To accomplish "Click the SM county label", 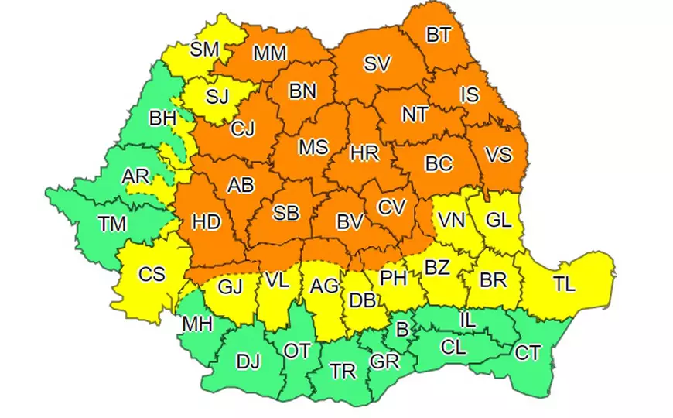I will click(x=204, y=50).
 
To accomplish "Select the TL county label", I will click(x=564, y=284).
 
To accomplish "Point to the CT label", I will click(x=528, y=354).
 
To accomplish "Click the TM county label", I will click(x=113, y=224).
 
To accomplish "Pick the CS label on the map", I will click(x=152, y=274).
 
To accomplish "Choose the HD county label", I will click(x=207, y=222).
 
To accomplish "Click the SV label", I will click(x=377, y=64).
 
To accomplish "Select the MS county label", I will click(x=313, y=146).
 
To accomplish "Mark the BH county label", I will click(x=162, y=119).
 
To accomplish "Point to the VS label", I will click(x=498, y=154).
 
